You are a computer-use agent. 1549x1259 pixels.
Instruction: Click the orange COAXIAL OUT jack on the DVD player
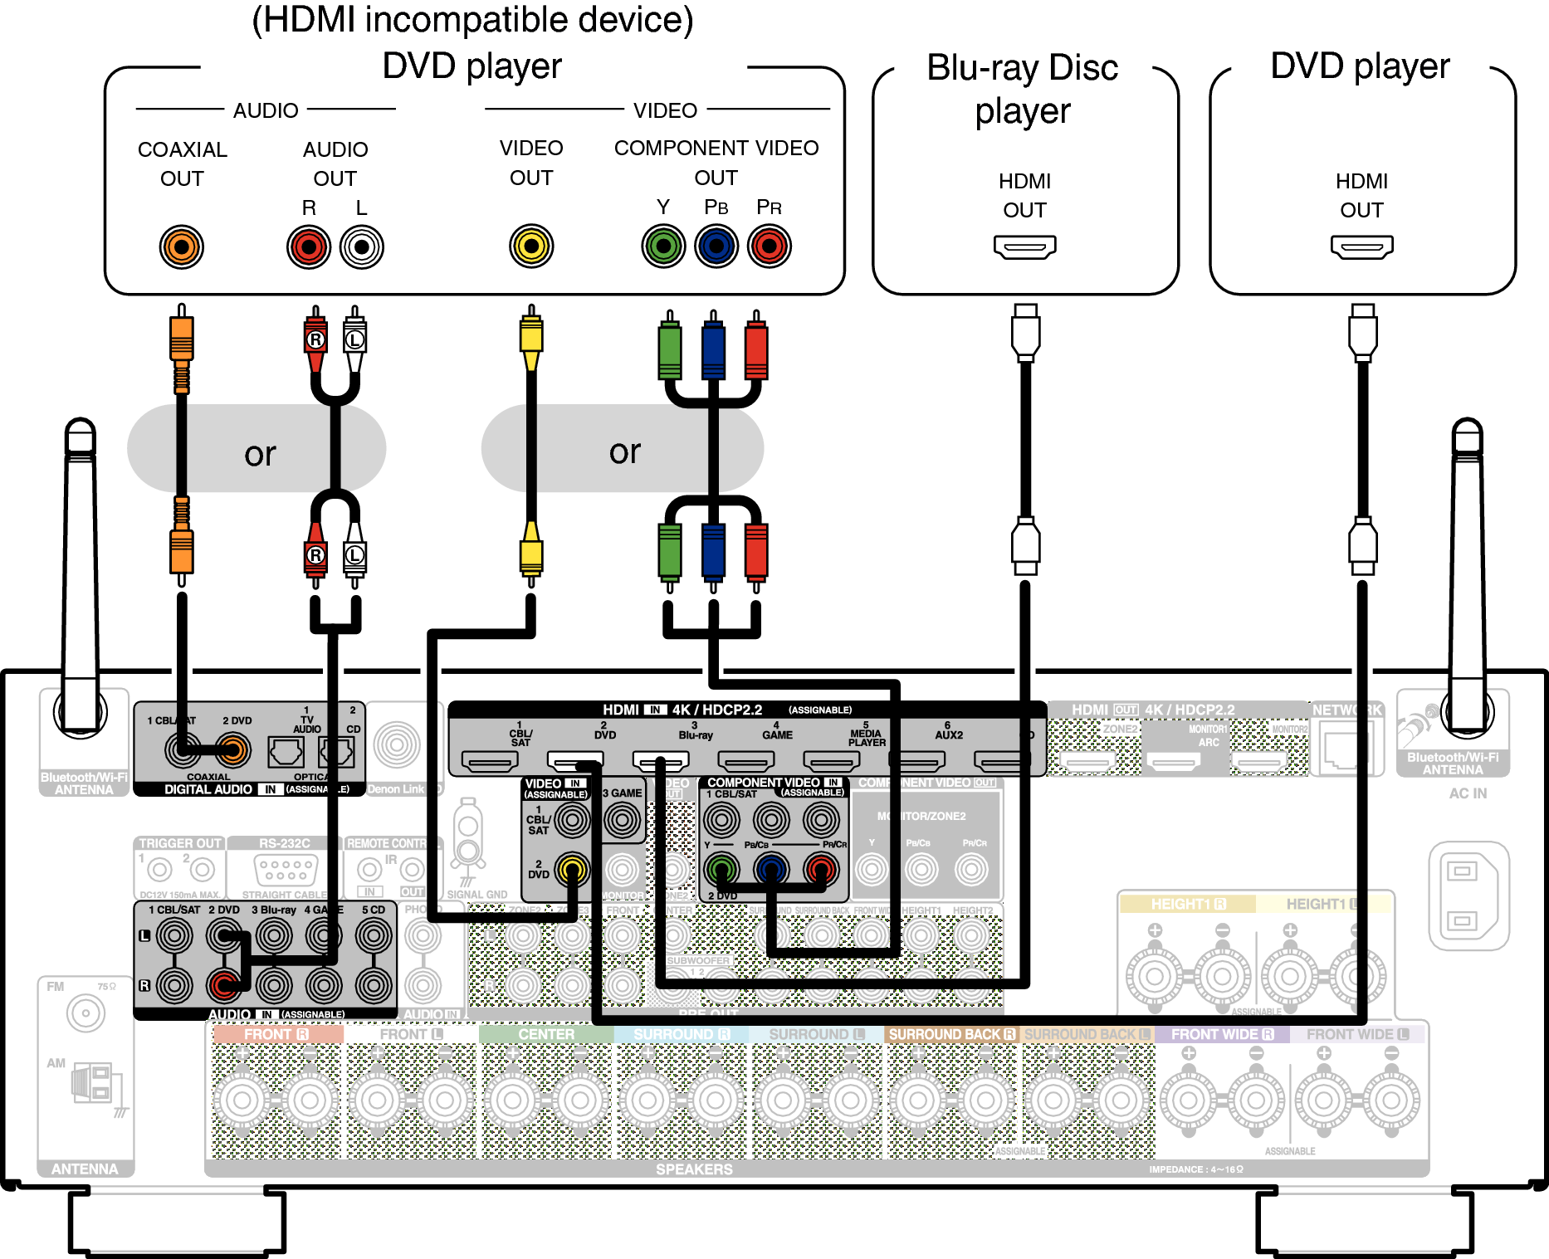(181, 246)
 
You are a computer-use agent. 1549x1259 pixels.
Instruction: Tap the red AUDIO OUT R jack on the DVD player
(309, 246)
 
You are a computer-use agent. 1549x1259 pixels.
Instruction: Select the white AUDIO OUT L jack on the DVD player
(362, 246)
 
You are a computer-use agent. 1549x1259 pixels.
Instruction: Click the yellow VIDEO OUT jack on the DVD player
(531, 246)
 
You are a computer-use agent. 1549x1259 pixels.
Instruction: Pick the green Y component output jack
(663, 246)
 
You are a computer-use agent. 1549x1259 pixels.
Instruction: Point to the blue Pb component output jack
(716, 246)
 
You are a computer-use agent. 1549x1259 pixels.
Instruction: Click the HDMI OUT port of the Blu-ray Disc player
(1024, 246)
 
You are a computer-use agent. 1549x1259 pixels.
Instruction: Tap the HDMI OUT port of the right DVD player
(1361, 246)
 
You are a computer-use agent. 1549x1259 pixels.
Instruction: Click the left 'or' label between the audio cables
(260, 453)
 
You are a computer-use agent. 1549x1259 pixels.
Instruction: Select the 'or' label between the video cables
(624, 451)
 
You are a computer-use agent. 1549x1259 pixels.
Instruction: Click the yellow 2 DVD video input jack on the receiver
(572, 869)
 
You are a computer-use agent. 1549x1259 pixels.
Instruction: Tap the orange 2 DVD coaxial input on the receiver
(233, 750)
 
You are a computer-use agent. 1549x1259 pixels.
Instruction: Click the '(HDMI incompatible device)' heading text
(472, 20)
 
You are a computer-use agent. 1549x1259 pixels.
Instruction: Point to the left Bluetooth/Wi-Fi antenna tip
(81, 432)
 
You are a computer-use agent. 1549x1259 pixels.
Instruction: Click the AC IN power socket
(1468, 895)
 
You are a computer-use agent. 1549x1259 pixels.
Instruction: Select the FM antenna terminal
(86, 1013)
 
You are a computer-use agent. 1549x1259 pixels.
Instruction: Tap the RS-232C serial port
(285, 870)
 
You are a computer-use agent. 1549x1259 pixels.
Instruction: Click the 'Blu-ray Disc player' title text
(1023, 89)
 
